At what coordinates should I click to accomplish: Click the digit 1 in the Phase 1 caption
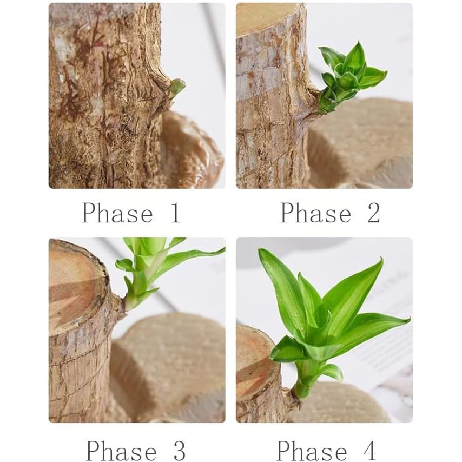point(174,213)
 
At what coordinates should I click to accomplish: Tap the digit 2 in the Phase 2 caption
point(373,213)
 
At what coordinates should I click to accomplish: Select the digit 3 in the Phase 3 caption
point(179,450)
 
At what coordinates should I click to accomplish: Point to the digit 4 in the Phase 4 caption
point(370,450)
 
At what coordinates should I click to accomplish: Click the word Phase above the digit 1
point(117,213)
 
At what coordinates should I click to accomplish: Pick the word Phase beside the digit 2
point(316,213)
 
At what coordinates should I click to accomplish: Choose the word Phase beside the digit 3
point(121,450)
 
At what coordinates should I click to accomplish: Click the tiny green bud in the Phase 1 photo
point(176,87)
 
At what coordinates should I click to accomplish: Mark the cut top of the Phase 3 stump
point(76,284)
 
